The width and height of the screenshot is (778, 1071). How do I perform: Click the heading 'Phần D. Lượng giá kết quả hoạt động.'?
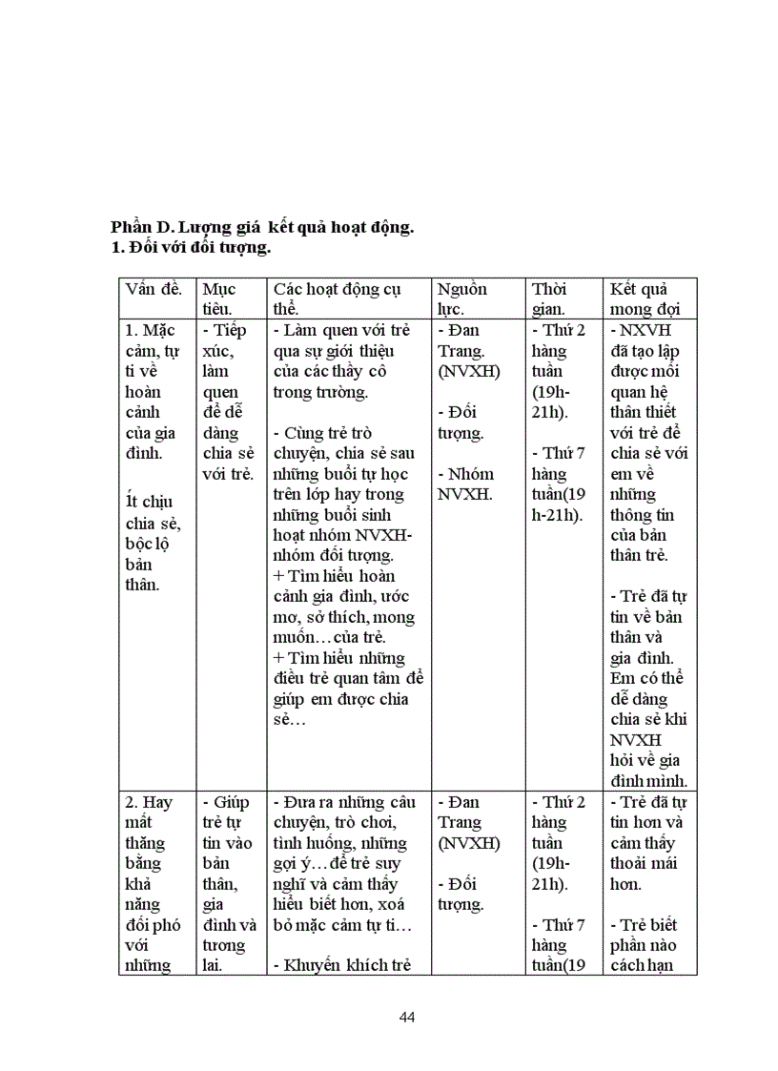point(262,228)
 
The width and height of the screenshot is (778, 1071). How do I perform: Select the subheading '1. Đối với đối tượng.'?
point(191,248)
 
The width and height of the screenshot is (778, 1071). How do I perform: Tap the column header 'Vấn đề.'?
point(154,289)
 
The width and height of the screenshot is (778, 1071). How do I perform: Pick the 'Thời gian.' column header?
point(551,299)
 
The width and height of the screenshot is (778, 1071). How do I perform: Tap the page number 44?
point(407,1017)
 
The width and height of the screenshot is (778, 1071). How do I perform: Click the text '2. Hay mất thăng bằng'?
point(148,833)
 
